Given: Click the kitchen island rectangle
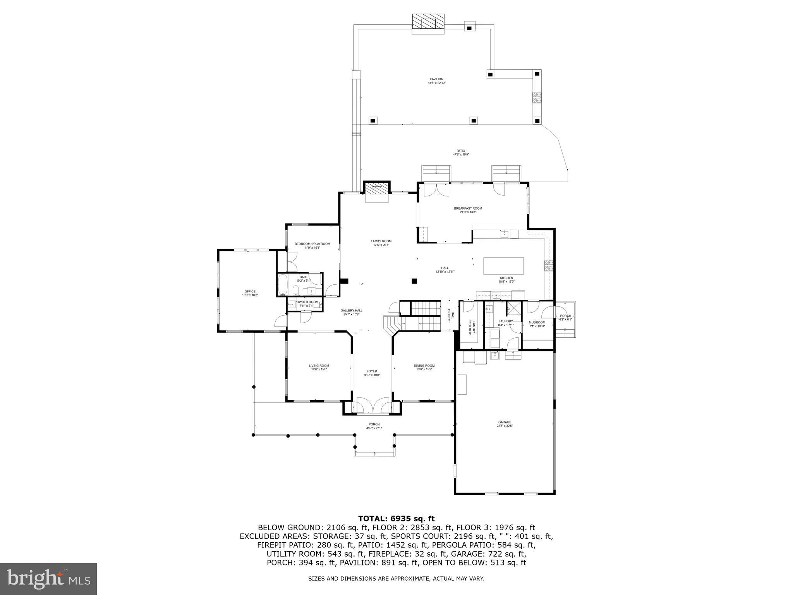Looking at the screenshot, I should tap(503, 266).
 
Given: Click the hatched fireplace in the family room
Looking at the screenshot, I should tap(376, 189).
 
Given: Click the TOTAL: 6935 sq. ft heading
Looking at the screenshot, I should tap(396, 518).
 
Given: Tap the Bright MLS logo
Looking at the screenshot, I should tap(48, 579).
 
